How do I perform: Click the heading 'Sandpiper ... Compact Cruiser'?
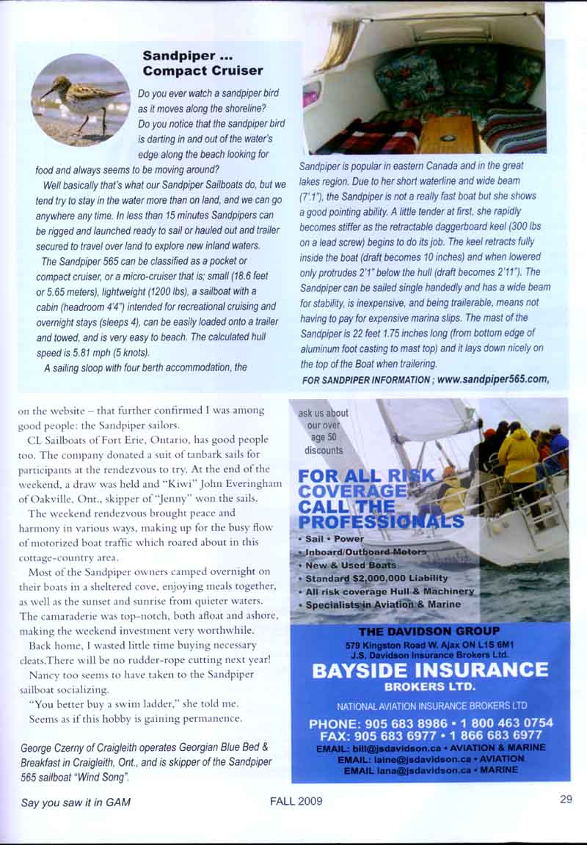203,63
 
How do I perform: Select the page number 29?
565,800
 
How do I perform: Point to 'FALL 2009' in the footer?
296,802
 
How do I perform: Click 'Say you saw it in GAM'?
76,802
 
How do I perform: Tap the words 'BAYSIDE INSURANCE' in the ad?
430,670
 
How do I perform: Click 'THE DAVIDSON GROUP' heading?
429,631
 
